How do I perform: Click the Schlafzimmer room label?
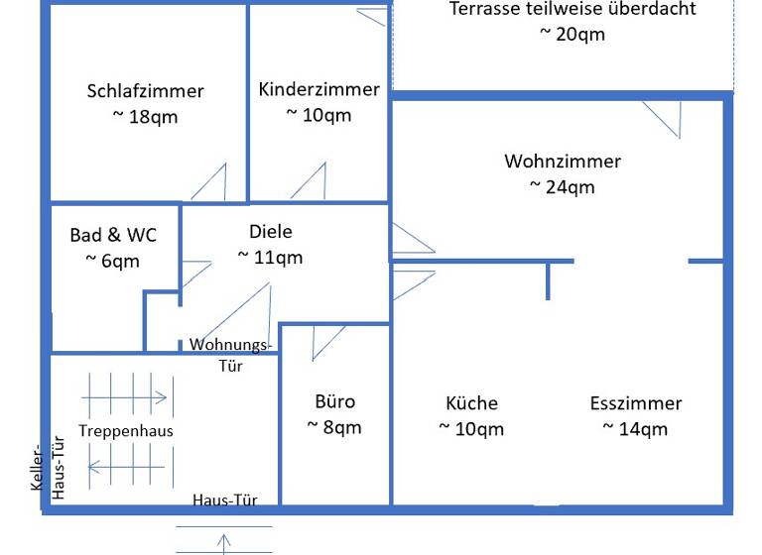coord(145,91)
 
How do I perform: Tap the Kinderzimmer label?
coord(318,89)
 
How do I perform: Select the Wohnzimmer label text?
coord(562,161)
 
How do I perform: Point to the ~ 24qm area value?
coord(562,186)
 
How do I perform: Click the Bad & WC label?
coord(113,236)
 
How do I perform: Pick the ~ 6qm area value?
coord(113,262)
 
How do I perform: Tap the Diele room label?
coord(271,232)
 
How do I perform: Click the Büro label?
coord(334,402)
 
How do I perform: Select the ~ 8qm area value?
coord(334,428)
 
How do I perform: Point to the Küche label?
coord(471,403)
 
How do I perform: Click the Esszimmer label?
coord(635,403)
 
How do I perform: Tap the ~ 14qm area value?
coord(635,429)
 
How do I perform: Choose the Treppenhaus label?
coord(126,431)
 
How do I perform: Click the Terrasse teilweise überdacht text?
coord(572,9)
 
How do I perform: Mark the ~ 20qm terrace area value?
coord(572,34)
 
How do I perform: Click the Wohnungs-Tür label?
coord(230,354)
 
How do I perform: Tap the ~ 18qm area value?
coord(145,116)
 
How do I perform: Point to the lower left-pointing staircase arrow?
coord(126,463)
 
